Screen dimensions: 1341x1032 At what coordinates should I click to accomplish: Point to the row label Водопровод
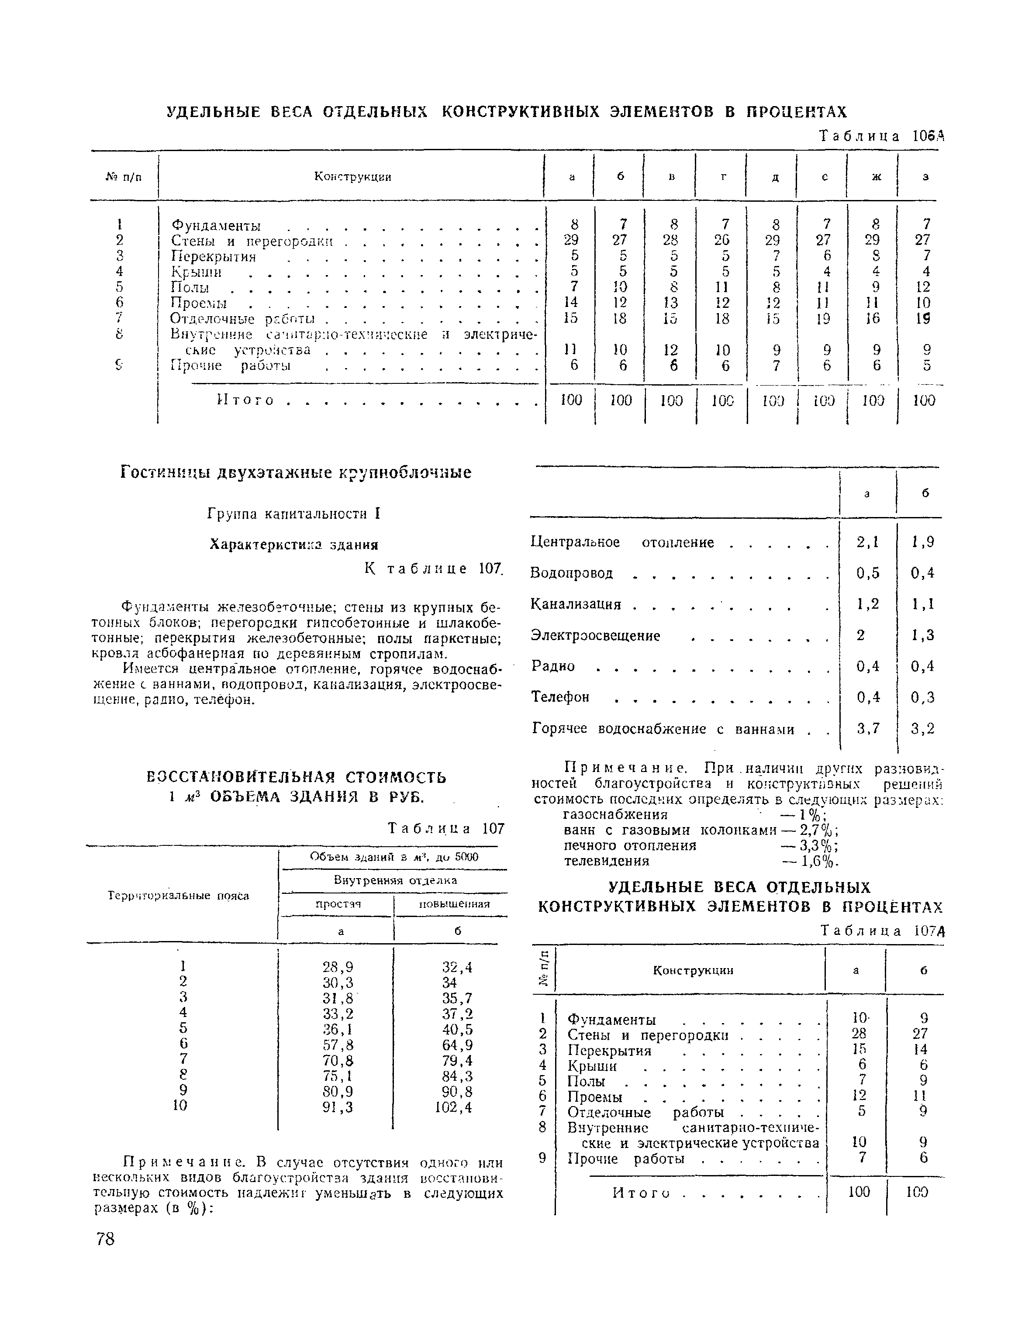(x=572, y=573)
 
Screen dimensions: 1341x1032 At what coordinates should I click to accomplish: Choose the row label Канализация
(x=576, y=604)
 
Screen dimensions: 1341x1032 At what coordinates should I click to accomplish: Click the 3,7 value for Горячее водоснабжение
(x=868, y=728)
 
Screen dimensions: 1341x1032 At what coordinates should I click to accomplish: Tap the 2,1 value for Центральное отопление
(x=868, y=542)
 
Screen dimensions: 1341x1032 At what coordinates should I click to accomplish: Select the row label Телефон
(x=560, y=697)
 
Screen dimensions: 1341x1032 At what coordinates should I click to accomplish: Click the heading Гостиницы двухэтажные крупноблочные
(x=296, y=473)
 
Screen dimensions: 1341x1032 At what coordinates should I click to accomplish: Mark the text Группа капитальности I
(x=294, y=514)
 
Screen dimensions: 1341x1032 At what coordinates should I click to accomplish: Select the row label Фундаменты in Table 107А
(x=612, y=1020)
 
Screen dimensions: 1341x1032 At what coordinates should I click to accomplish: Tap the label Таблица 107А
(x=881, y=931)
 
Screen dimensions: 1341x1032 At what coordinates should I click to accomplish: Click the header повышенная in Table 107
(x=454, y=904)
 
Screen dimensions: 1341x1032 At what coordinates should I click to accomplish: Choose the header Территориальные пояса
(x=178, y=896)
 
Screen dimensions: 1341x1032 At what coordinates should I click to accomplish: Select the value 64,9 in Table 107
(x=457, y=1045)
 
